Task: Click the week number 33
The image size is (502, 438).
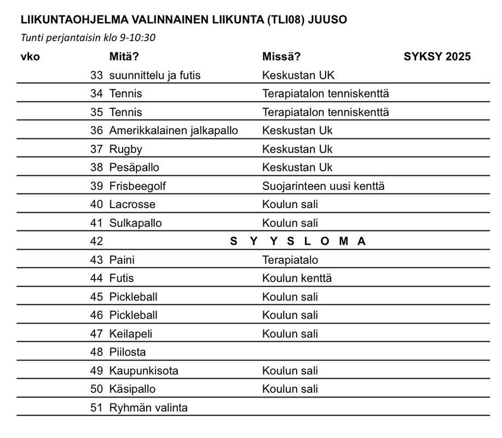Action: coord(96,75)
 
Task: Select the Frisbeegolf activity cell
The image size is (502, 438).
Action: coord(137,186)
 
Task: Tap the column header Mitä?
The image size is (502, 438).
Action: coord(124,56)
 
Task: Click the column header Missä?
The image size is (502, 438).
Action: coord(281,56)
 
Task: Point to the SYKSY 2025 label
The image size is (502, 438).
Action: coord(437,56)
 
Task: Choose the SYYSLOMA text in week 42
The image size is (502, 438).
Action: coord(298,241)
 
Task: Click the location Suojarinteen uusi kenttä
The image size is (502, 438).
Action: coord(323,186)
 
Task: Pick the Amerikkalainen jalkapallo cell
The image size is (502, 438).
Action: coord(174,130)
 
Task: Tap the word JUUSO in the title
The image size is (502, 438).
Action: coord(327,20)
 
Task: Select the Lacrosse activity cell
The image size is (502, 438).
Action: coord(132,205)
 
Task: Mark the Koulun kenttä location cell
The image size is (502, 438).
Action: coord(297,278)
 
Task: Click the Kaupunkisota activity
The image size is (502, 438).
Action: coord(143,371)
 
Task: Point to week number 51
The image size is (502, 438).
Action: coord(96,408)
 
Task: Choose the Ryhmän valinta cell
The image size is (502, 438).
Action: coord(148,408)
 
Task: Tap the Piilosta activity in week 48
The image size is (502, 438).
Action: coord(127,352)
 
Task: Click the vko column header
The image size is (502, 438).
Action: coord(30,56)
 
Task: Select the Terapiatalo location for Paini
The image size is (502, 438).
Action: coord(290,260)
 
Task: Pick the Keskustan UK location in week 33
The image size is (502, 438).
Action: coord(298,75)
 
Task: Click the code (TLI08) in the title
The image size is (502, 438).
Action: coord(286,20)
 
